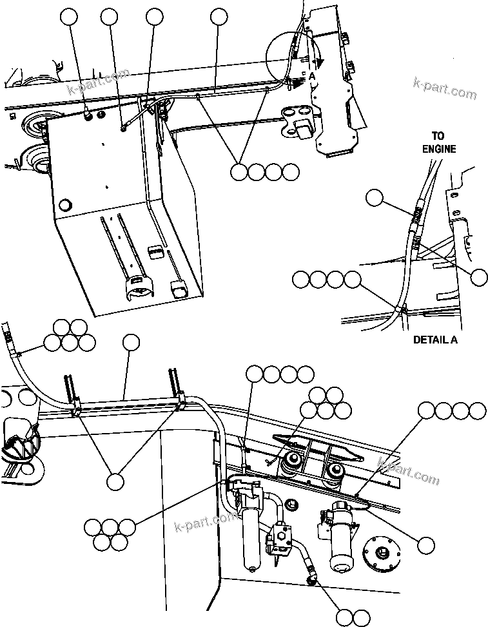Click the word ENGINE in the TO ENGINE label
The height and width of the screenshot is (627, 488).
tap(440, 149)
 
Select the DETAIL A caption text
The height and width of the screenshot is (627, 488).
tap(434, 340)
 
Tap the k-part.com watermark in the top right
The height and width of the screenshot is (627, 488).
tap(445, 90)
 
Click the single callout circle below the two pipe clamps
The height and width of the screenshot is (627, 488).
tap(115, 481)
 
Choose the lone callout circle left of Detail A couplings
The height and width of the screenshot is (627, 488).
tap(374, 198)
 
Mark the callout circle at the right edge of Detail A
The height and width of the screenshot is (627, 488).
tap(479, 278)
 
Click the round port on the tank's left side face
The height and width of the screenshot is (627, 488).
tap(64, 206)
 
